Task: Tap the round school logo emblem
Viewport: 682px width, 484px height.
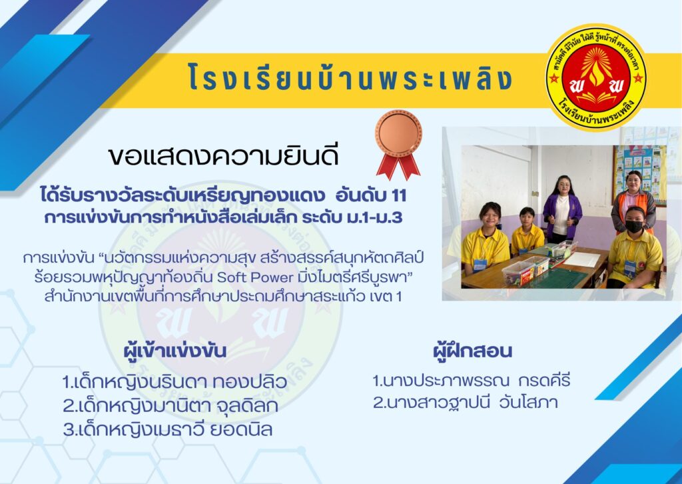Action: coord(596,77)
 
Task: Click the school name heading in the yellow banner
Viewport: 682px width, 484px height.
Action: coord(350,78)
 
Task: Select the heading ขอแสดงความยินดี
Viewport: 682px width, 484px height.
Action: coord(224,156)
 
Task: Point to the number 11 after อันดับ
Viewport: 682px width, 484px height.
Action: coord(398,196)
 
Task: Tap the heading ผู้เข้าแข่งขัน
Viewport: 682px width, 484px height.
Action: coord(175,351)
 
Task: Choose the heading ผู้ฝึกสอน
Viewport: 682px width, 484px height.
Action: coord(473,351)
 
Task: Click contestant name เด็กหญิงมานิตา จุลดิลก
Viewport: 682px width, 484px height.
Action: coord(170,406)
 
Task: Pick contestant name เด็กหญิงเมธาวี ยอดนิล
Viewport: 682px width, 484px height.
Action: coord(168,430)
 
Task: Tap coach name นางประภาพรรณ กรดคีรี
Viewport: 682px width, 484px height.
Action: coord(471,381)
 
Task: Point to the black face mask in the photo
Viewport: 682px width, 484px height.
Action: coord(634,226)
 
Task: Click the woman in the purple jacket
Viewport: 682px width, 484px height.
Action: coord(561,210)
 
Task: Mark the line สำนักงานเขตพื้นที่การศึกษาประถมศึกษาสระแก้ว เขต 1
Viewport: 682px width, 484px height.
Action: coord(222,296)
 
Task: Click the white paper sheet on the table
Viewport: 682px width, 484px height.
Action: coord(581,259)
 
